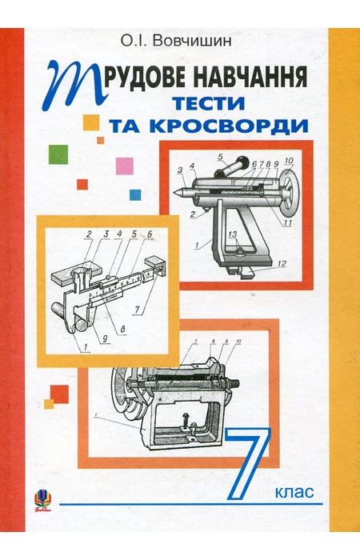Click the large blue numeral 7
coord(249,464)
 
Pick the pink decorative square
coord(124,166)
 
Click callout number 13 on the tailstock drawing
coord(231,234)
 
